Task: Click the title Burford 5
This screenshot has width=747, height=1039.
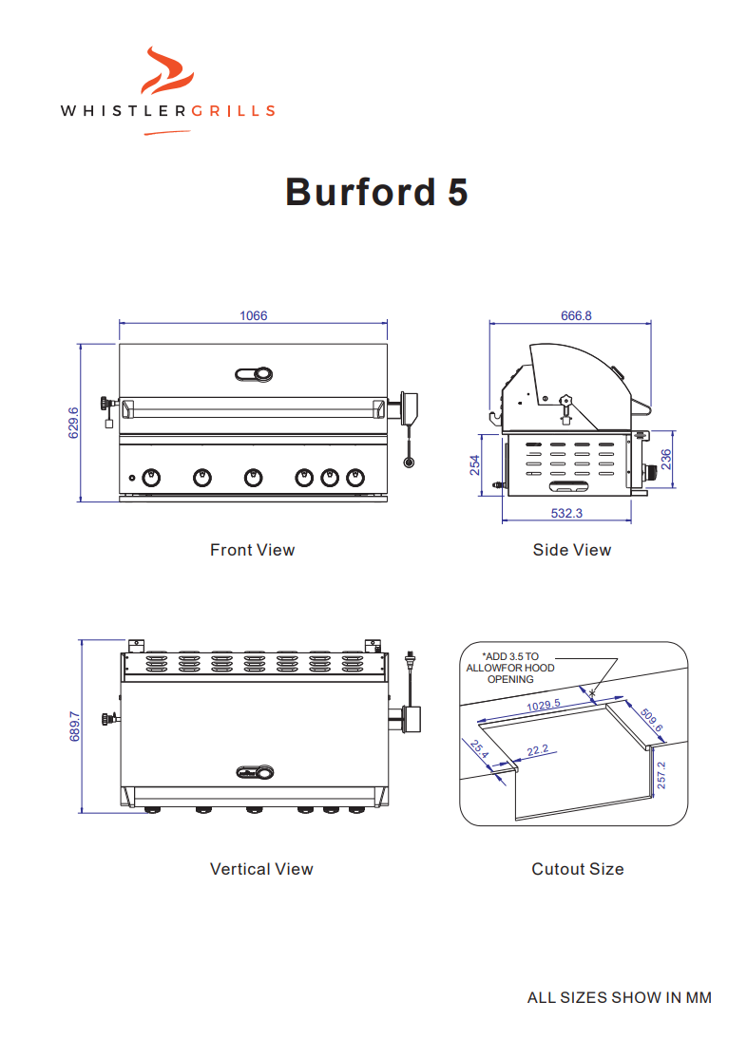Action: point(376,192)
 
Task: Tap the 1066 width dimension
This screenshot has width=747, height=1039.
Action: point(253,316)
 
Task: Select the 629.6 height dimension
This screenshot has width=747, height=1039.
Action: point(73,423)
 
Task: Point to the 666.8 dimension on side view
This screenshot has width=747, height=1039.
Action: point(576,316)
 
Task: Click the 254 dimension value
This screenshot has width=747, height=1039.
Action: point(474,464)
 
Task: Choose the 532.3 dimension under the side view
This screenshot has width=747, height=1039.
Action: point(566,513)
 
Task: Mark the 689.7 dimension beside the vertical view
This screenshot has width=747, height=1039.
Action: point(75,726)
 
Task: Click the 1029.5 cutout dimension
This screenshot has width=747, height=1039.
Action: point(543,706)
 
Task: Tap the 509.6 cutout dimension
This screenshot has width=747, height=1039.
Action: point(651,721)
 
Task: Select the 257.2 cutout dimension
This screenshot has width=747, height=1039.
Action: point(661,775)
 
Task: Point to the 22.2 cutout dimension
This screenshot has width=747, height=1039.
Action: point(538,750)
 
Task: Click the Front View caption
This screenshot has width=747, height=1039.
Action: point(252,550)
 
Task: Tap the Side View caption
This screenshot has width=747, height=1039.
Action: point(571,550)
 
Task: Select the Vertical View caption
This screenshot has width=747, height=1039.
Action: point(261,869)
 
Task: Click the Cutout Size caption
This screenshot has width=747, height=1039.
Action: point(577,869)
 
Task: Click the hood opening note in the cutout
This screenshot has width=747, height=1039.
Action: point(510,668)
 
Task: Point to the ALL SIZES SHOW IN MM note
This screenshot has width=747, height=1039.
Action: point(619,997)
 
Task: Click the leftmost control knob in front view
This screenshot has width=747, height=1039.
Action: point(150,478)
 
